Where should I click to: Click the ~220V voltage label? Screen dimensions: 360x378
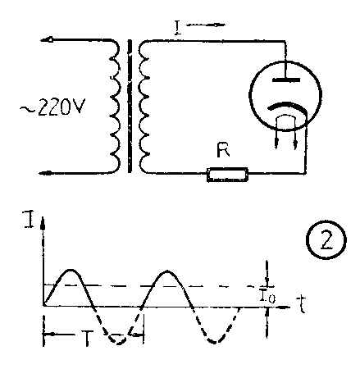click(52, 107)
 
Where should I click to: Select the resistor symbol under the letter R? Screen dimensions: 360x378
click(227, 175)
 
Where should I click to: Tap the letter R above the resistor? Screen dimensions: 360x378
click(223, 150)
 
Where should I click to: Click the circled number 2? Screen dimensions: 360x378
click(326, 240)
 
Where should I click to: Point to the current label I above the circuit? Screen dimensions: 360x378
click(178, 28)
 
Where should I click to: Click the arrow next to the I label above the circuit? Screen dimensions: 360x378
click(206, 25)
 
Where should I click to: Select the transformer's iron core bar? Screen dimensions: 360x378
click(130, 106)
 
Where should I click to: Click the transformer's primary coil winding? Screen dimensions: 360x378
click(115, 107)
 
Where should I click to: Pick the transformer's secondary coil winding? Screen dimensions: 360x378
click(144, 107)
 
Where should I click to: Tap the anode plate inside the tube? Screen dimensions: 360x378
click(286, 80)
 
